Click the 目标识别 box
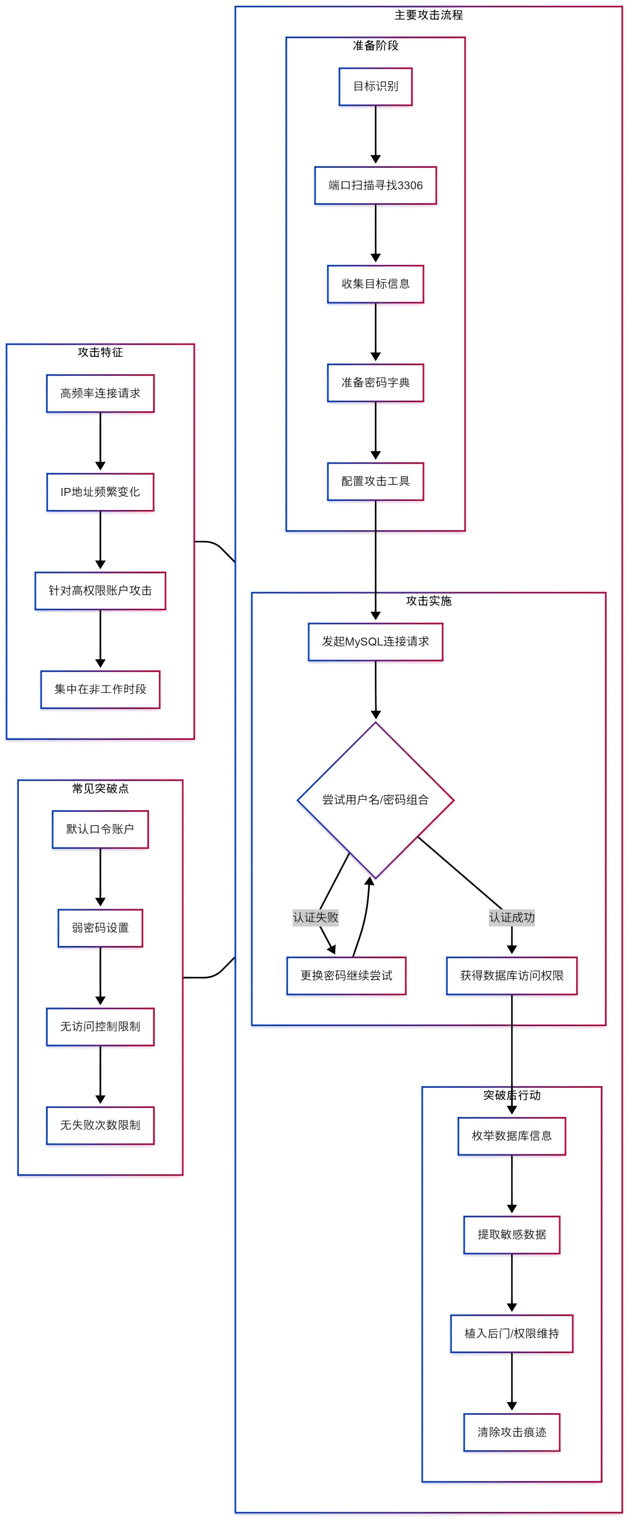click(x=375, y=87)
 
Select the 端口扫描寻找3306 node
click(x=375, y=186)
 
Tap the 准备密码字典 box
click(x=375, y=383)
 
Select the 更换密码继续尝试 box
click(x=346, y=976)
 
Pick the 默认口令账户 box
click(x=100, y=829)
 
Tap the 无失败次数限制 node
click(x=100, y=1125)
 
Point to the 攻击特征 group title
click(x=100, y=352)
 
